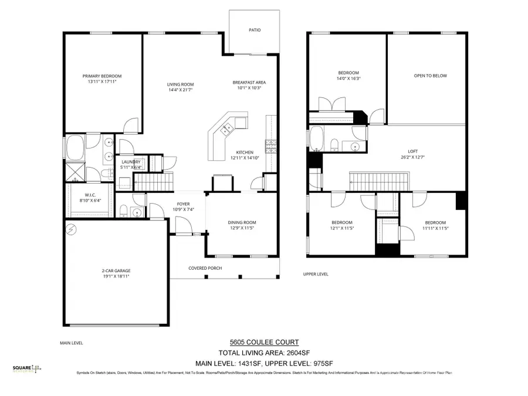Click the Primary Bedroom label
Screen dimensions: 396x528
(x=102, y=76)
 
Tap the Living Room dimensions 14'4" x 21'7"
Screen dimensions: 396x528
(x=181, y=90)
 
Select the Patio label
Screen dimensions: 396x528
(x=254, y=29)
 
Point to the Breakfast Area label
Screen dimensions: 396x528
(x=249, y=82)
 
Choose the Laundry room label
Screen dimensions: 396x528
(x=130, y=163)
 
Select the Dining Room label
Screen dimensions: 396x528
(x=242, y=222)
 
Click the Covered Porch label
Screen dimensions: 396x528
(x=205, y=268)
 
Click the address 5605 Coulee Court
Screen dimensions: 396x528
(x=263, y=343)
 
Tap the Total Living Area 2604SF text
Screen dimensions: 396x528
(x=264, y=353)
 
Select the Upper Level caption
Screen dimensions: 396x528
(x=316, y=274)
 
